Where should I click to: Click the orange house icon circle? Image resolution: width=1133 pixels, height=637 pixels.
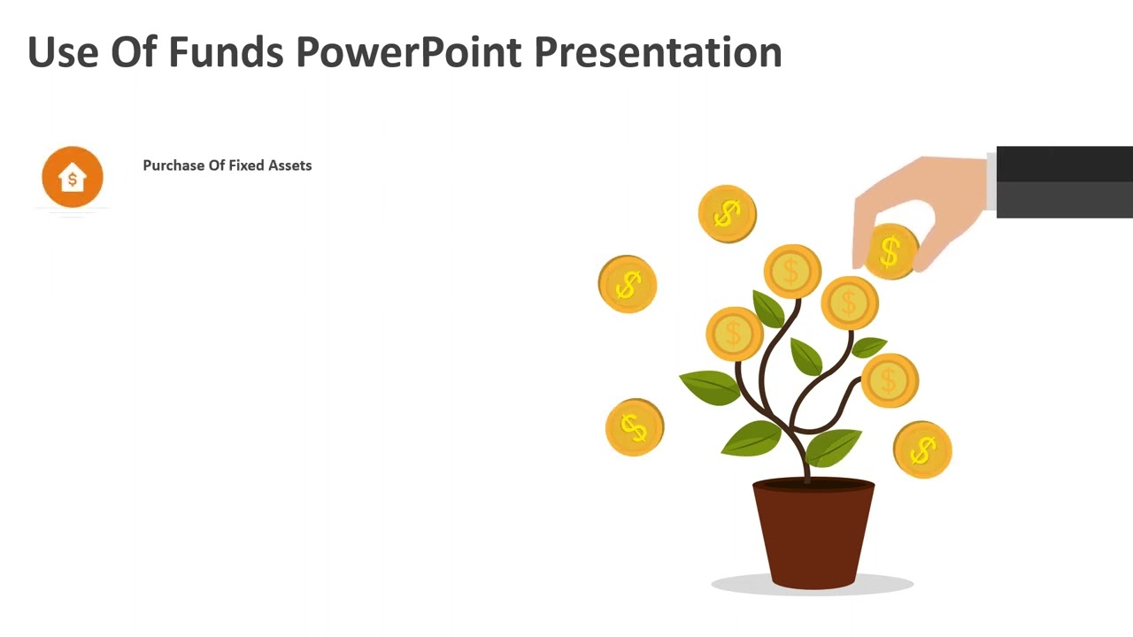pos(73,177)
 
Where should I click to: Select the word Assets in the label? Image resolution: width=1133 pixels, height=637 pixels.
pos(290,165)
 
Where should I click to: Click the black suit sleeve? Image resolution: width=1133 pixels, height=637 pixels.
pos(1064,182)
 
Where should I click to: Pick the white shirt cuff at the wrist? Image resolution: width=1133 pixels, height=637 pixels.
pos(991,182)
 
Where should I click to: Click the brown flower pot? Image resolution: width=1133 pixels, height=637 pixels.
pos(813,535)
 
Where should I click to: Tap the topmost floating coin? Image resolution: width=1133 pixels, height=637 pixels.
pos(727,213)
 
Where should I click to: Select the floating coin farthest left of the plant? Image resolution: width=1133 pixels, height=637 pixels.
pos(628,284)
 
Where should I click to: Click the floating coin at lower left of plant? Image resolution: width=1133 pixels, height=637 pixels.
pos(634,427)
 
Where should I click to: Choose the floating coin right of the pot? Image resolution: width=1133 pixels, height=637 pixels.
pos(922,450)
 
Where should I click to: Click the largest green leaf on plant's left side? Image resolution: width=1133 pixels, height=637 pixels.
pos(710,387)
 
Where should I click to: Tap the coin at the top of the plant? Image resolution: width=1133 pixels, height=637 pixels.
pos(792,271)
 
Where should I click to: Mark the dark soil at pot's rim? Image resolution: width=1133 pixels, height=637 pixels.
pos(813,485)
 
